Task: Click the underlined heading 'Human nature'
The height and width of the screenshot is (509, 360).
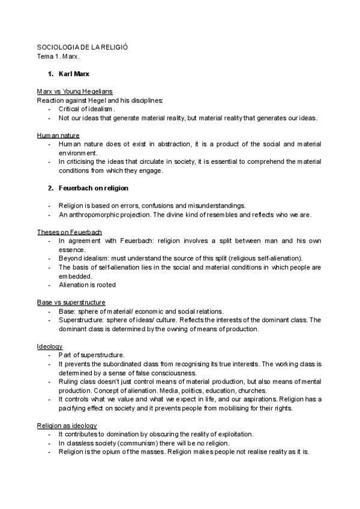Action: click(x=58, y=136)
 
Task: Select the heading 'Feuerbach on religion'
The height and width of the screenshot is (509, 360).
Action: click(x=94, y=188)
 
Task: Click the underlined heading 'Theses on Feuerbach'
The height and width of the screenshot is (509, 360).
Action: click(x=69, y=232)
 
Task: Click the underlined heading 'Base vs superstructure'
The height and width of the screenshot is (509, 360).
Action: click(x=71, y=302)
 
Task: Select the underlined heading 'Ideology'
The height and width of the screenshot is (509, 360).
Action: click(x=49, y=346)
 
